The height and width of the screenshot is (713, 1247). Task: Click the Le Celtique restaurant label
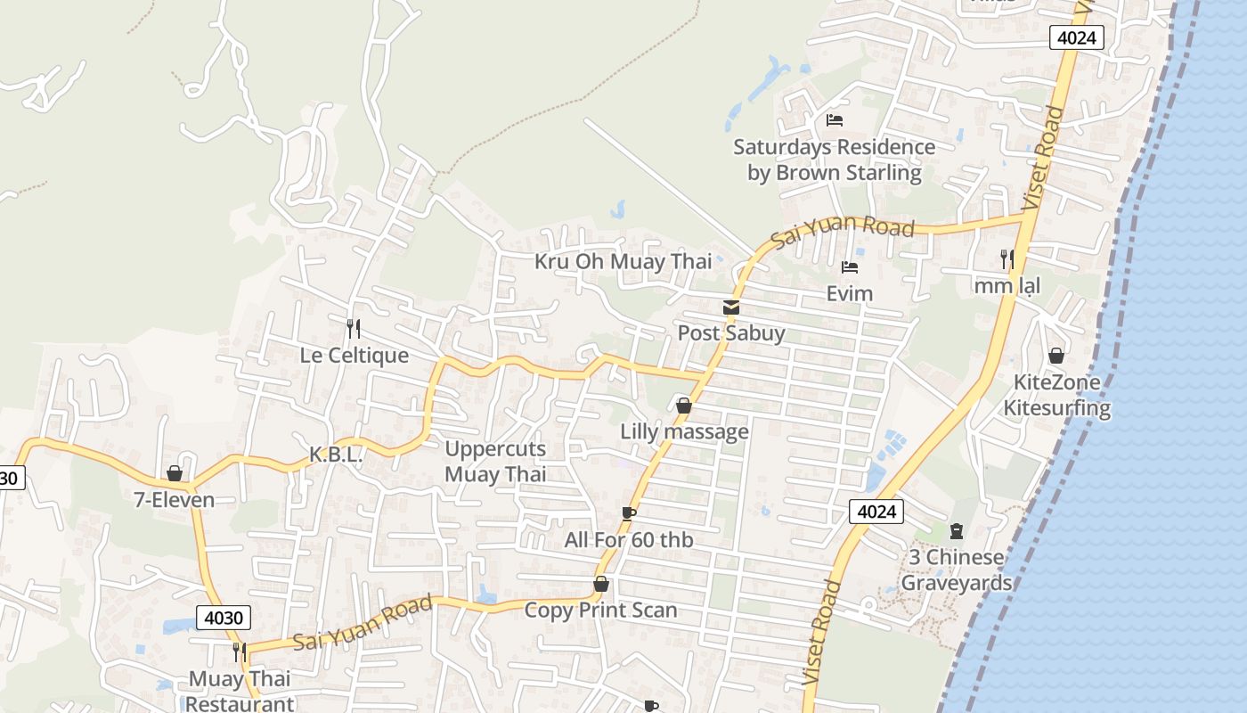[x=354, y=355]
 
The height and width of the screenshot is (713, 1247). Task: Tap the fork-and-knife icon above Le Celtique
[x=354, y=329]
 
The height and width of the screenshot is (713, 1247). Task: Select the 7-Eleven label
[x=175, y=499]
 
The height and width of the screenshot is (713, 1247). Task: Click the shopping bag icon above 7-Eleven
[x=175, y=473]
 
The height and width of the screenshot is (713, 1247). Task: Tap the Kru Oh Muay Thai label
[x=623, y=261]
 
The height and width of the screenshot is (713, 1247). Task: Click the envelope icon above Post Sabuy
[x=731, y=307]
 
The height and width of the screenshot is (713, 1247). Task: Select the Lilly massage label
[x=684, y=431]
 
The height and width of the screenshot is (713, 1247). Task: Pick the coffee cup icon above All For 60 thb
[x=629, y=513]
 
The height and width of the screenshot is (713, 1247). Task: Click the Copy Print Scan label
[x=600, y=610]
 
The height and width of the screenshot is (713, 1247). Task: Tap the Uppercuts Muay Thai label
[x=495, y=461]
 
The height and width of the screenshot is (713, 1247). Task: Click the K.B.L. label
[x=336, y=455]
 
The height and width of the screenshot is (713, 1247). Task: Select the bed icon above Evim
[x=849, y=266]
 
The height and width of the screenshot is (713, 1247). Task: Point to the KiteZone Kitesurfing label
[x=1057, y=395]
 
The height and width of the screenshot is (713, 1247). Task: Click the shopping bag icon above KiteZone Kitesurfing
[x=1056, y=356]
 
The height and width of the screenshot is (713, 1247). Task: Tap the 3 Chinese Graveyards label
[x=957, y=570]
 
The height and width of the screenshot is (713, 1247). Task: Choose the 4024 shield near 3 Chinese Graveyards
[x=876, y=511]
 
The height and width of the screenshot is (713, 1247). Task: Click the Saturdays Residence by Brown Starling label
[x=834, y=159]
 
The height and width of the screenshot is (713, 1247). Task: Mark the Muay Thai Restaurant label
[x=240, y=691]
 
